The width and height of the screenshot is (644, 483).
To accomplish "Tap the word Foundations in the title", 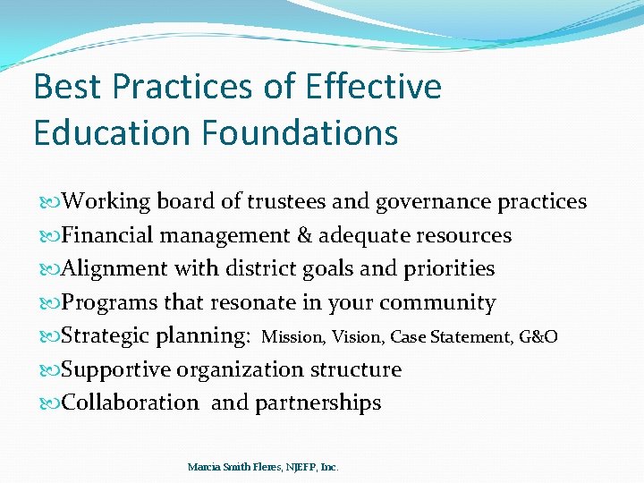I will point(300,132).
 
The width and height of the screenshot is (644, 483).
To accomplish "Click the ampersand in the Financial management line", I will point(303,235).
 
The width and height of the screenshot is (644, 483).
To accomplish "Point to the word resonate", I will point(244,302).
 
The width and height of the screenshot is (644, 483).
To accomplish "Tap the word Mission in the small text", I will point(293,337).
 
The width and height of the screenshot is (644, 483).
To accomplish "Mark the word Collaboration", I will point(131,402).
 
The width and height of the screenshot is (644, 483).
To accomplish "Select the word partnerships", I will point(318,403).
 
